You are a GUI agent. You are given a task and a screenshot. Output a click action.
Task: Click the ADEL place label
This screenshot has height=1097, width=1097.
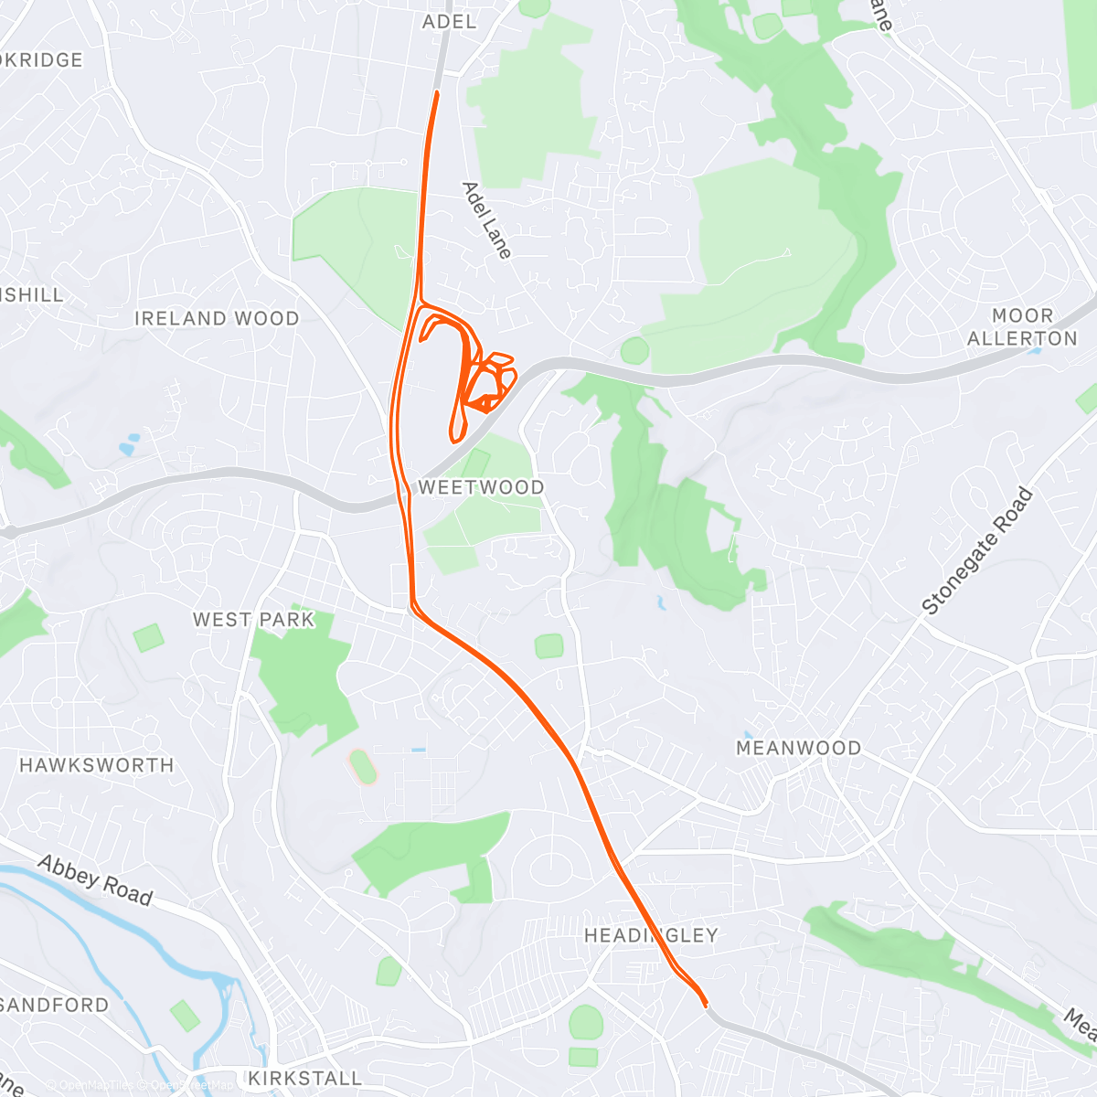(450, 21)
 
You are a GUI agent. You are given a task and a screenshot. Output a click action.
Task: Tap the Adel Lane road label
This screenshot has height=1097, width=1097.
(486, 220)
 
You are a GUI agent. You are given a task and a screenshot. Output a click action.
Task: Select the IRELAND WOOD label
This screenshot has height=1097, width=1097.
(217, 319)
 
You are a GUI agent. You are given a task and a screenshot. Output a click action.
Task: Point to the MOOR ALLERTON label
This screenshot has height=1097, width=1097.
(1022, 327)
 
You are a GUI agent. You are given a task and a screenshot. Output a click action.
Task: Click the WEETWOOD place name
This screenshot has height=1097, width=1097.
(481, 487)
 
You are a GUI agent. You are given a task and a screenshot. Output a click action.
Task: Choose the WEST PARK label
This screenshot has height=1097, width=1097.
(253, 620)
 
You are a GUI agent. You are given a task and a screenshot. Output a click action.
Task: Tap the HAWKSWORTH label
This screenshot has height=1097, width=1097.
(97, 765)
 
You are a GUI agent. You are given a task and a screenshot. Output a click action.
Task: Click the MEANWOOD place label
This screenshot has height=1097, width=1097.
(798, 749)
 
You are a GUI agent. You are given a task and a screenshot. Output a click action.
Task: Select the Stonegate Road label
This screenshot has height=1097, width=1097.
(977, 551)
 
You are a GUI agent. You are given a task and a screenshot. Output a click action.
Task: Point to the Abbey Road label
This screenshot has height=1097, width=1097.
(95, 880)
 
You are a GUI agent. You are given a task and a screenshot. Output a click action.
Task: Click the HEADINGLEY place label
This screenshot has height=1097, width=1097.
(651, 935)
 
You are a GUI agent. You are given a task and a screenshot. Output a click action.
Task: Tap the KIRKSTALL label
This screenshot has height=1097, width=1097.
(305, 1078)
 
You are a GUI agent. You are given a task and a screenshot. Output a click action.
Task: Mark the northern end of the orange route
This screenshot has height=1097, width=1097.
(437, 93)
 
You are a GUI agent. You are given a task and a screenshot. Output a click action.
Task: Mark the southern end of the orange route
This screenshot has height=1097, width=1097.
(705, 1005)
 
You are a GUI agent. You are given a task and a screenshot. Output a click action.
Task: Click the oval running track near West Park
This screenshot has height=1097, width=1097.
(363, 767)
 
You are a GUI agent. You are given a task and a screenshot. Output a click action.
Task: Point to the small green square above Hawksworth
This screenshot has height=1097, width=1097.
(148, 637)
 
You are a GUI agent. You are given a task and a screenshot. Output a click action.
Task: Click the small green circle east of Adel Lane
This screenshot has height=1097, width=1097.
(634, 349)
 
